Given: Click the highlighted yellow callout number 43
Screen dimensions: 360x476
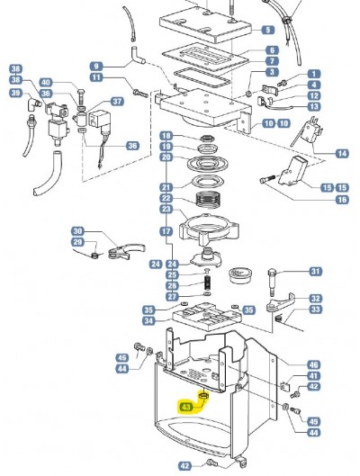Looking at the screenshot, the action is [x=186, y=407].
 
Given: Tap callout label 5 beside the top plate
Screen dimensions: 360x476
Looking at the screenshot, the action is [x=267, y=30].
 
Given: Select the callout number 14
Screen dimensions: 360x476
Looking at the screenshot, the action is [x=342, y=153].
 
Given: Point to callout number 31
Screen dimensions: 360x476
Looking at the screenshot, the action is [x=315, y=271].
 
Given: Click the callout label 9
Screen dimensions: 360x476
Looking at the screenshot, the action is [x=96, y=67].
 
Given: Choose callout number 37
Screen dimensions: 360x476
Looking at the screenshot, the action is [x=117, y=101].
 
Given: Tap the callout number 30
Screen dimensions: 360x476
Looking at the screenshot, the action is [x=77, y=231].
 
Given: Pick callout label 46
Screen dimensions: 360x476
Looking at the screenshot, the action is [x=313, y=364].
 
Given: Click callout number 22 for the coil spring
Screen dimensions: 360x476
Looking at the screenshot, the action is [x=166, y=198].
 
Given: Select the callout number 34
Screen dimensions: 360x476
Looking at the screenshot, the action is [x=148, y=320].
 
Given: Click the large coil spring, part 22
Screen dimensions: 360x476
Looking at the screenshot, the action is [x=208, y=199].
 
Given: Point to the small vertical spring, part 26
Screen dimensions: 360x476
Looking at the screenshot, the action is [x=208, y=284].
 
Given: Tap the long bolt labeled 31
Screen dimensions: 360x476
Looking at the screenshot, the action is [x=272, y=283].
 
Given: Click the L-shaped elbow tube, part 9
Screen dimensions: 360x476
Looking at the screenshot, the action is [x=138, y=56].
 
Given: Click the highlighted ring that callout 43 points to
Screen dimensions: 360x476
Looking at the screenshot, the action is [x=203, y=395].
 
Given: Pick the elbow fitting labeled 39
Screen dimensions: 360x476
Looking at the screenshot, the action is [x=34, y=103].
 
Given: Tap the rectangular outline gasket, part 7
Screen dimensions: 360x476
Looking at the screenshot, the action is [x=202, y=78].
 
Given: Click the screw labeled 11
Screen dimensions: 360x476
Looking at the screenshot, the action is [x=140, y=93].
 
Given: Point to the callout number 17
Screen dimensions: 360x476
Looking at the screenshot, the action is [x=166, y=231].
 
